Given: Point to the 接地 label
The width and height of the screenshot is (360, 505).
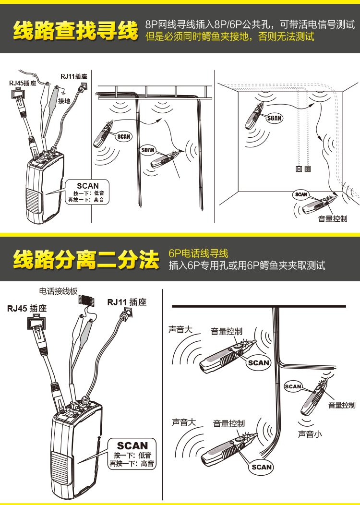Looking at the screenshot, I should (64, 101).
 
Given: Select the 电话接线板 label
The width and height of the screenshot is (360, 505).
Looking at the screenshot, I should (58, 291).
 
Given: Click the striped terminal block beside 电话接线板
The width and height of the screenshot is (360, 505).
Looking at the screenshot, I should (85, 301).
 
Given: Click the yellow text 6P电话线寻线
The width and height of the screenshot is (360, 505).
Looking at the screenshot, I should (198, 253).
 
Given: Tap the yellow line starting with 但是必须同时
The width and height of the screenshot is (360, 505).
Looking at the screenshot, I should (229, 36).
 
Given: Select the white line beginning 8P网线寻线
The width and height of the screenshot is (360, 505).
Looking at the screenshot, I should (250, 24).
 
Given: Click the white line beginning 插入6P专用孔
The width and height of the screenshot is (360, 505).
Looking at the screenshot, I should (247, 265).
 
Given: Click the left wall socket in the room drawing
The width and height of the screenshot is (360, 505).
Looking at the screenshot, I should (299, 169).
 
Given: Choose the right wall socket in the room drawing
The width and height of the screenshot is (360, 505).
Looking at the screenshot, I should (307, 169).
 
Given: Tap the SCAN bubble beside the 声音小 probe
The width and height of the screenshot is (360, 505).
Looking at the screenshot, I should (293, 386).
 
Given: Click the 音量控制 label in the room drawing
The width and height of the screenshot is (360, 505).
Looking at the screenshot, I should (333, 218).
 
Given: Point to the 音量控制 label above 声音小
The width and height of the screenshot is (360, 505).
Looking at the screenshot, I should (342, 405).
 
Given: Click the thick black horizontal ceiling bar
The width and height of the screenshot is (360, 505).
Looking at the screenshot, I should (259, 306).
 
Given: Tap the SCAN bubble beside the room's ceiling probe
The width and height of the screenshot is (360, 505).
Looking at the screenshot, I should (274, 118).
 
